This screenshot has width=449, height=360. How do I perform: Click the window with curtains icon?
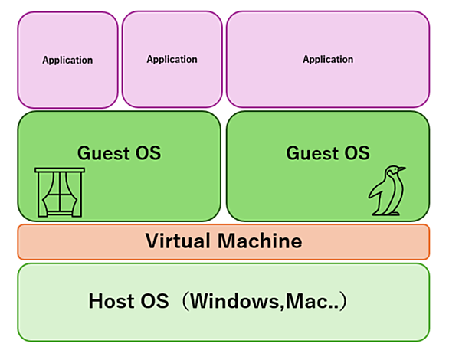pyautogui.click(x=60, y=192)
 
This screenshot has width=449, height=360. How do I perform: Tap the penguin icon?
pyautogui.click(x=387, y=190)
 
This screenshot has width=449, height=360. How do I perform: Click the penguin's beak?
pyautogui.click(x=401, y=169)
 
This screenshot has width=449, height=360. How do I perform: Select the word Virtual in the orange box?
pyautogui.click(x=178, y=241)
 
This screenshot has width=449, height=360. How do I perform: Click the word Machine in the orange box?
pyautogui.click(x=260, y=241)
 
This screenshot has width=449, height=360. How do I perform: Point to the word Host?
pyautogui.click(x=111, y=301)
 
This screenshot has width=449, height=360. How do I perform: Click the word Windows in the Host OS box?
pyautogui.click(x=234, y=301)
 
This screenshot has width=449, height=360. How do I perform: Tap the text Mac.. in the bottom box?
pyautogui.click(x=310, y=302)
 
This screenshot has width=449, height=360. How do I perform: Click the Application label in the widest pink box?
pyautogui.click(x=328, y=59)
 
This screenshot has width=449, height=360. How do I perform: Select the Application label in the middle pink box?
pyautogui.click(x=172, y=59)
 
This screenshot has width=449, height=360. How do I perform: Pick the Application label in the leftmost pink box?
pyautogui.click(x=67, y=60)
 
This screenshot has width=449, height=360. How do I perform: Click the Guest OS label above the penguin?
pyautogui.click(x=328, y=153)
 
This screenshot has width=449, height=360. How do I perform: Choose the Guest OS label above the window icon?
pyautogui.click(x=119, y=153)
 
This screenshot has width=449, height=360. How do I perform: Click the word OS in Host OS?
pyautogui.click(x=154, y=301)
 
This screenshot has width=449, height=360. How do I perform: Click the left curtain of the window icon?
pyautogui.click(x=48, y=194)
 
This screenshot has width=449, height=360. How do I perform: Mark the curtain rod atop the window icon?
pyautogui.click(x=60, y=170)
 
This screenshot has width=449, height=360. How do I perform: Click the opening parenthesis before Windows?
pyautogui.click(x=185, y=301)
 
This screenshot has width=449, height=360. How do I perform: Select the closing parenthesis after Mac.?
pyautogui.click(x=342, y=301)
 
